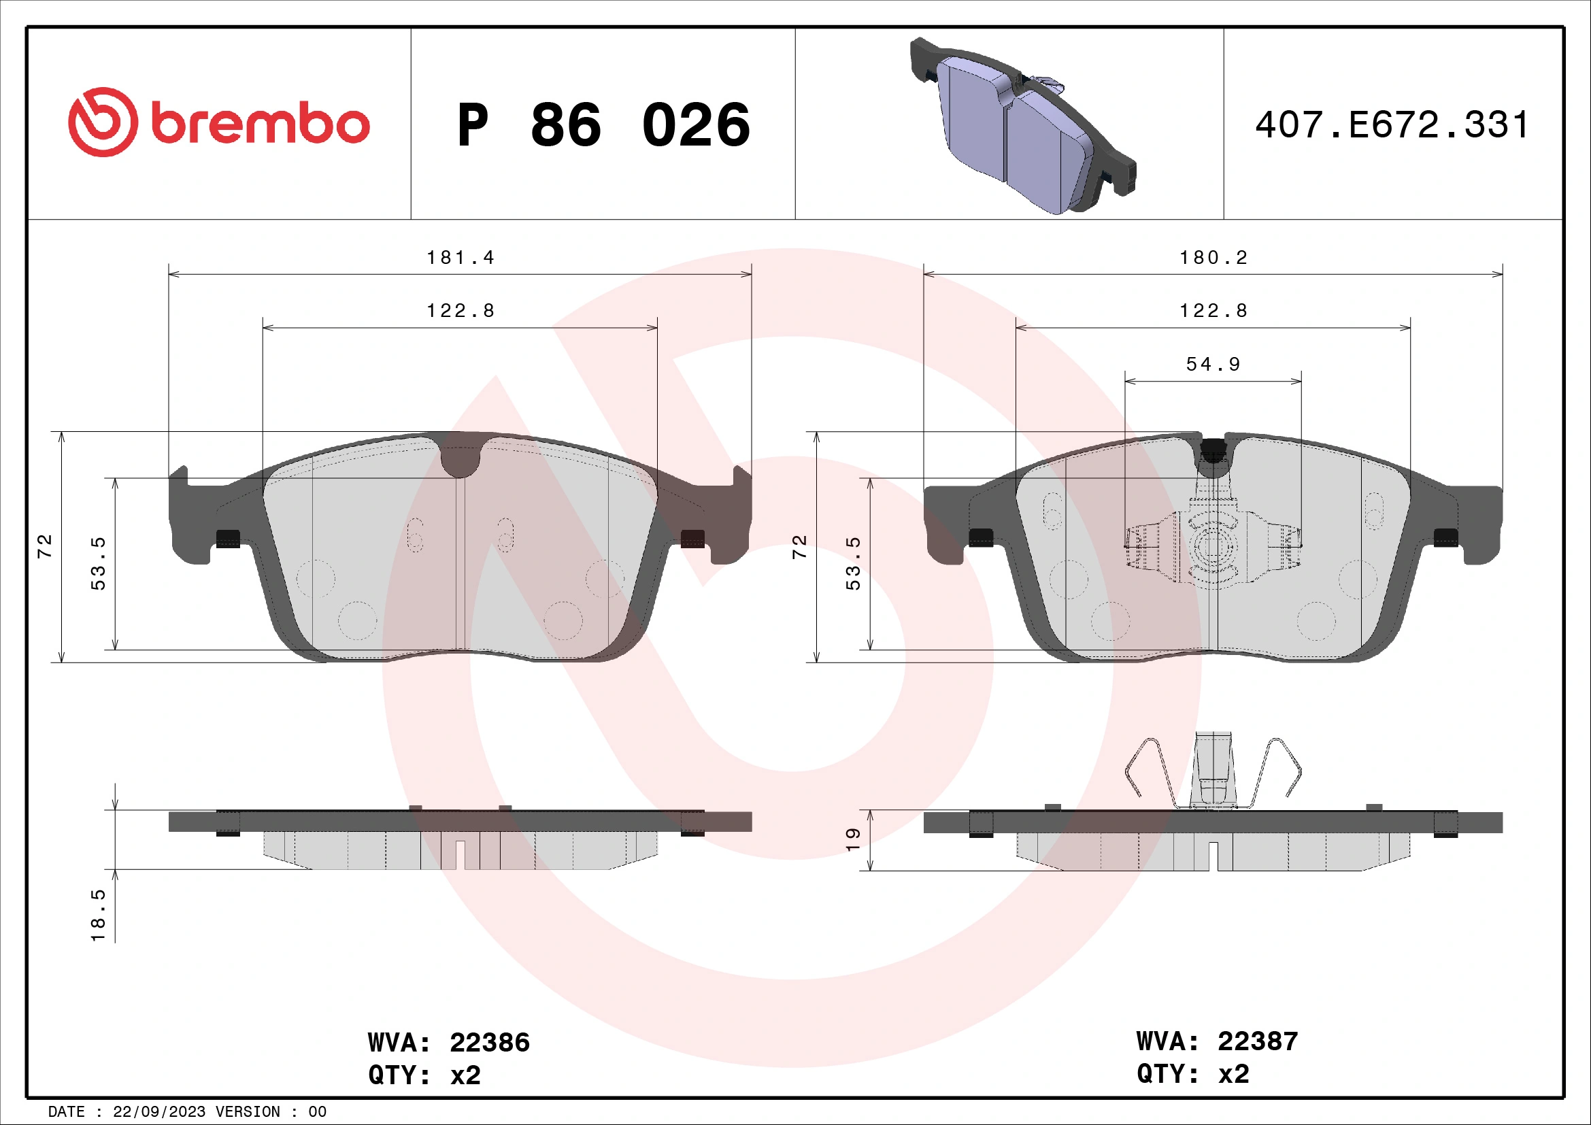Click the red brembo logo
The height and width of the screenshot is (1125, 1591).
219,122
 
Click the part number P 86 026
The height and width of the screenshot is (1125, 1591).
603,125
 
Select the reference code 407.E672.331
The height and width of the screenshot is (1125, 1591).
1392,125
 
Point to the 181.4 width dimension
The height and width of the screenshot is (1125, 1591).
460,258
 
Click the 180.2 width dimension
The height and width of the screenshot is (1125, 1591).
1213,258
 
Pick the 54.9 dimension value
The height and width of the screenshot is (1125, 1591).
1213,365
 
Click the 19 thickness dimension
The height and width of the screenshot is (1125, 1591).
853,839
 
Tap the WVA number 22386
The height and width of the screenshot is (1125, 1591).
489,1043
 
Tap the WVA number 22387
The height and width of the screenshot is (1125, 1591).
1258,1041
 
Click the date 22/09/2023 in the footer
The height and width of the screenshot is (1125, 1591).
158,1112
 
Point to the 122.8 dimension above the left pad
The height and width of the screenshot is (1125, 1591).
460,311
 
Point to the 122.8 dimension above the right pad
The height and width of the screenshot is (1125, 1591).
1213,311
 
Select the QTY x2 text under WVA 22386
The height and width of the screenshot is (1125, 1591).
424,1075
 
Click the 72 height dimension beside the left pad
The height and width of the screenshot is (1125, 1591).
45,546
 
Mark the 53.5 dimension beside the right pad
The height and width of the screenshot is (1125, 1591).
853,563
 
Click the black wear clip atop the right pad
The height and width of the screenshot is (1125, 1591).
1213,452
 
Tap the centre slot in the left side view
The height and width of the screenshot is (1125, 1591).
459,854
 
